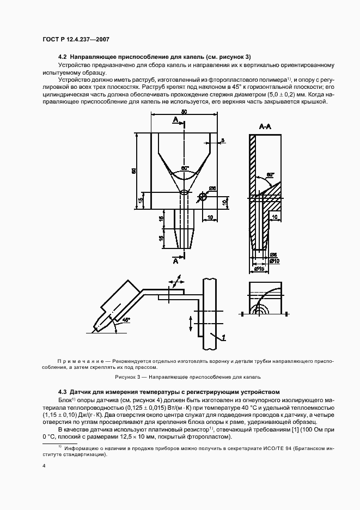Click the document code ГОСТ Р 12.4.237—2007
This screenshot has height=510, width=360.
pos(76,39)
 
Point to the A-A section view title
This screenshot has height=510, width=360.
pos(266,126)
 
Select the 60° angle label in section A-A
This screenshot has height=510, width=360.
pos(271,175)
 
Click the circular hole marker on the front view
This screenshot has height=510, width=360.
pos(203,197)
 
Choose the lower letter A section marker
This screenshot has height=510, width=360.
pos(176,261)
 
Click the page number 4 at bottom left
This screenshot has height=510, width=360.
pos(44,465)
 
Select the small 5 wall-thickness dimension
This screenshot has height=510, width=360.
pos(222,141)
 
